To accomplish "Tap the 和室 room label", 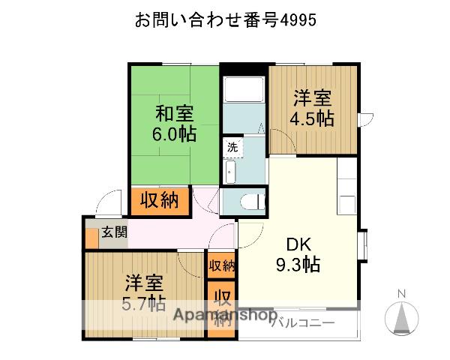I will (175, 115).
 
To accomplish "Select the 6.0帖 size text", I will (175, 135).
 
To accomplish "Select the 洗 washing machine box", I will (232, 148).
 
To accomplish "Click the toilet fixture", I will (252, 200).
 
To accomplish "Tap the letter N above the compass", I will (402, 293).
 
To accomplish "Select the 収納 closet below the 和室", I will (159, 200).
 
